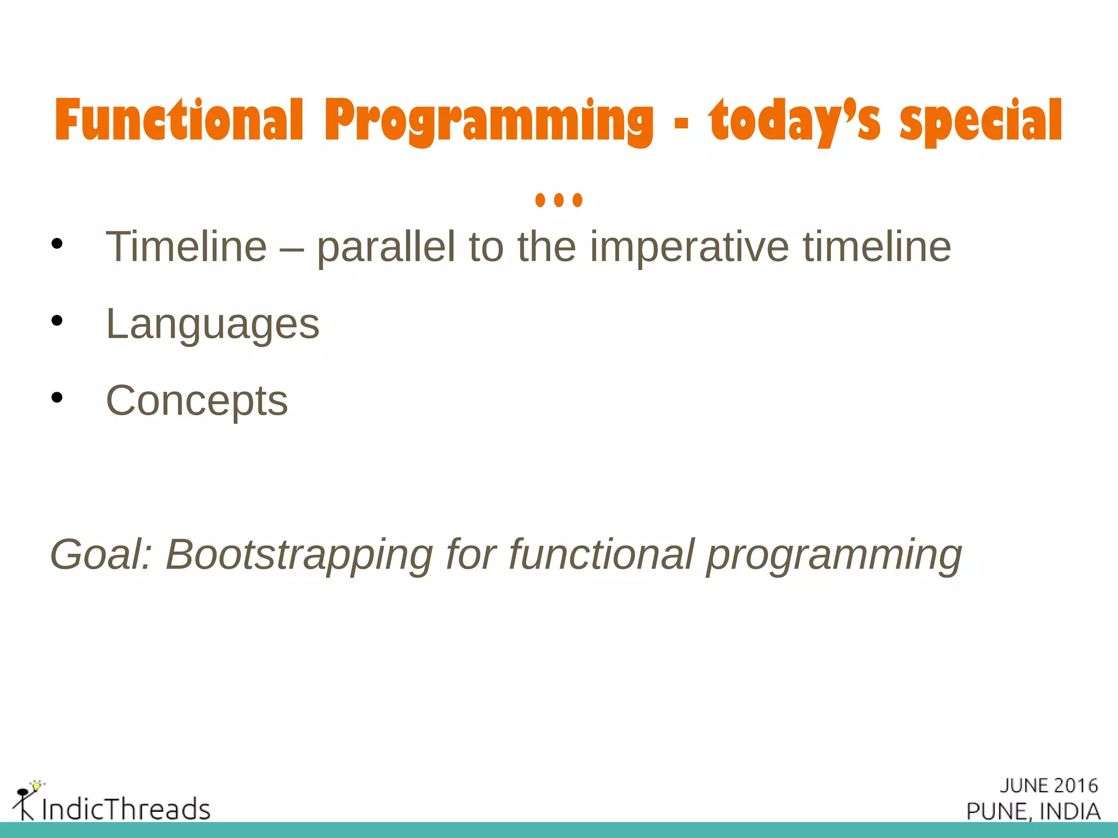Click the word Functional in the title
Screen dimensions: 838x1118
179,121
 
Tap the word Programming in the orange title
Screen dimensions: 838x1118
489,121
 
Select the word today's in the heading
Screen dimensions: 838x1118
794,121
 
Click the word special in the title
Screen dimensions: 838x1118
980,121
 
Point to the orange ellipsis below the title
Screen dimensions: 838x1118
558,200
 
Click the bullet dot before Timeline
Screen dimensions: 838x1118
57,244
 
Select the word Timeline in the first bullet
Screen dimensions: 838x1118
186,247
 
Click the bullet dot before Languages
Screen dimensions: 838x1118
57,321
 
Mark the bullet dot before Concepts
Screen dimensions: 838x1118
57,398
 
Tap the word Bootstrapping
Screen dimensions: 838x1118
299,555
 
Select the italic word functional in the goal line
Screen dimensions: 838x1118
601,555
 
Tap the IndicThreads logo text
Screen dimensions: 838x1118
126,809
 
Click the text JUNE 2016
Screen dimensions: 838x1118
1048,786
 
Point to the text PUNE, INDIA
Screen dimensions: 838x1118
1033,811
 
